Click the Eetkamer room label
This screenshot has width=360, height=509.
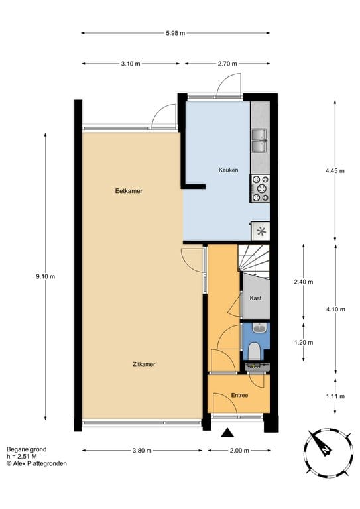[129, 191]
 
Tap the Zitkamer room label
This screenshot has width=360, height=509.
[144, 364]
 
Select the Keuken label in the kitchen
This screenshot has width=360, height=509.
[228, 170]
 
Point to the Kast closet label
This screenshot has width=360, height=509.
[255, 298]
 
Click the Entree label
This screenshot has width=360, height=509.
[239, 396]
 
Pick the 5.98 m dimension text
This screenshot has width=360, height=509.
[175, 32]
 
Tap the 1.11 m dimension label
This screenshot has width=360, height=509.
[335, 396]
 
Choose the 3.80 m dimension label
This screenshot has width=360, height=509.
[142, 451]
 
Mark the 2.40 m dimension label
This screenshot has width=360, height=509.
[304, 282]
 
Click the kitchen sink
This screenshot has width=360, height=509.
[259, 141]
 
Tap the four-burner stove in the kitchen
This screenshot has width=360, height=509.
[260, 188]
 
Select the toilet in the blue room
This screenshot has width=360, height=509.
[254, 349]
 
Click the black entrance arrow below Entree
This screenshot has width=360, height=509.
[228, 433]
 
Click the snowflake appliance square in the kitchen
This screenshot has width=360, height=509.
[261, 231]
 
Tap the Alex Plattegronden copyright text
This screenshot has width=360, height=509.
[36, 464]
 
